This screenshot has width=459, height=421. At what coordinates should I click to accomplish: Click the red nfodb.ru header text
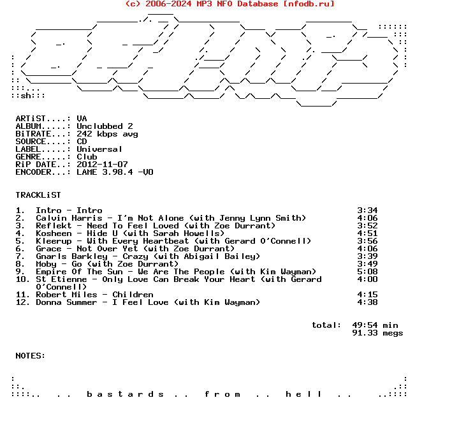point(229,4)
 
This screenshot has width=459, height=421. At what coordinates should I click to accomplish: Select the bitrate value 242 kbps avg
point(107,134)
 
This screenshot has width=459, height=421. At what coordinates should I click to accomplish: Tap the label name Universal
point(99,149)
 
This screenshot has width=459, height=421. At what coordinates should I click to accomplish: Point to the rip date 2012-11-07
point(102,165)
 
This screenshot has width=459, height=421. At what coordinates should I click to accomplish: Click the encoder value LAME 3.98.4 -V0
point(115,172)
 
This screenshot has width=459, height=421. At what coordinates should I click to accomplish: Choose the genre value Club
point(87,157)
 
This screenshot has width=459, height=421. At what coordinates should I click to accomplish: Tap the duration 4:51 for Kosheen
point(368,233)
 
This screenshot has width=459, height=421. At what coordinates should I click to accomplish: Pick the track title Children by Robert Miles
point(133,295)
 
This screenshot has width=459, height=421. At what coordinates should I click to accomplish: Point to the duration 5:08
point(368,272)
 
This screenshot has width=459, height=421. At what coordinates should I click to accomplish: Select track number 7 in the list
point(20,256)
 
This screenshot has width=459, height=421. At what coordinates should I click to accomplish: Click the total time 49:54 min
point(375,325)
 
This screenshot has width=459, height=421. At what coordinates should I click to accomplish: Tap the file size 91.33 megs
point(377,333)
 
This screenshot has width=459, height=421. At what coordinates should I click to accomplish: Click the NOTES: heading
point(31,356)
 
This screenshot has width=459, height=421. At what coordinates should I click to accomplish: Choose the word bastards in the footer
point(125,394)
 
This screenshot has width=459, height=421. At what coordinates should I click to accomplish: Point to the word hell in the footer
point(303,394)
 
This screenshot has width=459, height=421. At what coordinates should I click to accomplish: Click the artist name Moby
point(46,264)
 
